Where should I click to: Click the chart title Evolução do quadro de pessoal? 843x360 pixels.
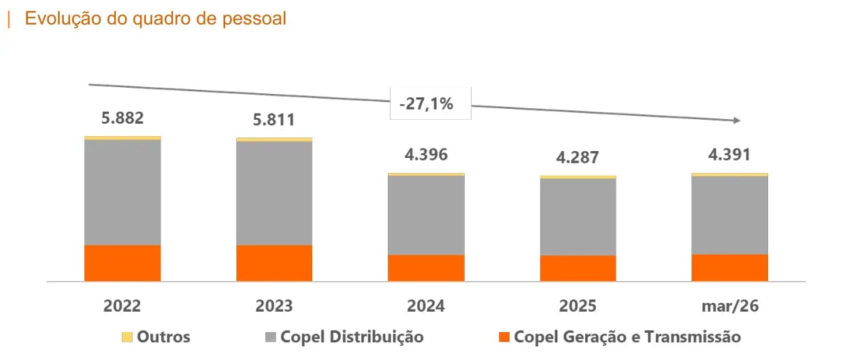tap(155, 19)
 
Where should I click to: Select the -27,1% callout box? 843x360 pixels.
tap(431, 103)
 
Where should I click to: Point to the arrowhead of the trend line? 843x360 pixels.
tap(737, 120)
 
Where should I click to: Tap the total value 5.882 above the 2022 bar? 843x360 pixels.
tap(122, 118)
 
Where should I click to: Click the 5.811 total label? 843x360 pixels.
tap(274, 120)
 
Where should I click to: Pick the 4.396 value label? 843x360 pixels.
tap(426, 154)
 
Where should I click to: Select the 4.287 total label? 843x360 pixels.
tap(578, 157)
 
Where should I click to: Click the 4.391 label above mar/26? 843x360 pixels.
tap(729, 154)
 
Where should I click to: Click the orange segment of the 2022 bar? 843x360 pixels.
tap(122, 263)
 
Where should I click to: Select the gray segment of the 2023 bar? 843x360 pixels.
tap(274, 193)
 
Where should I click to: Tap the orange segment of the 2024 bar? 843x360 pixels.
tap(426, 268)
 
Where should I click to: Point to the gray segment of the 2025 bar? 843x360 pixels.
tap(578, 217)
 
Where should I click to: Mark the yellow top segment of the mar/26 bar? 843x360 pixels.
tap(730, 175)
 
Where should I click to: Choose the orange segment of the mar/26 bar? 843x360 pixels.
tap(730, 267)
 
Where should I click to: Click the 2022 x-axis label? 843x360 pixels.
tap(122, 306)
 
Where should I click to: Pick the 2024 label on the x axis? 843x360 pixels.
tap(426, 306)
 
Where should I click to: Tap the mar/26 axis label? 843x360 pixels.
tap(730, 306)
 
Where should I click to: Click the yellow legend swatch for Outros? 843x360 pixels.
tap(127, 337)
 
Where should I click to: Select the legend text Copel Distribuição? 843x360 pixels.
tap(352, 337)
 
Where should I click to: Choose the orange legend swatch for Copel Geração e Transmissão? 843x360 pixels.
tap(504, 337)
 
